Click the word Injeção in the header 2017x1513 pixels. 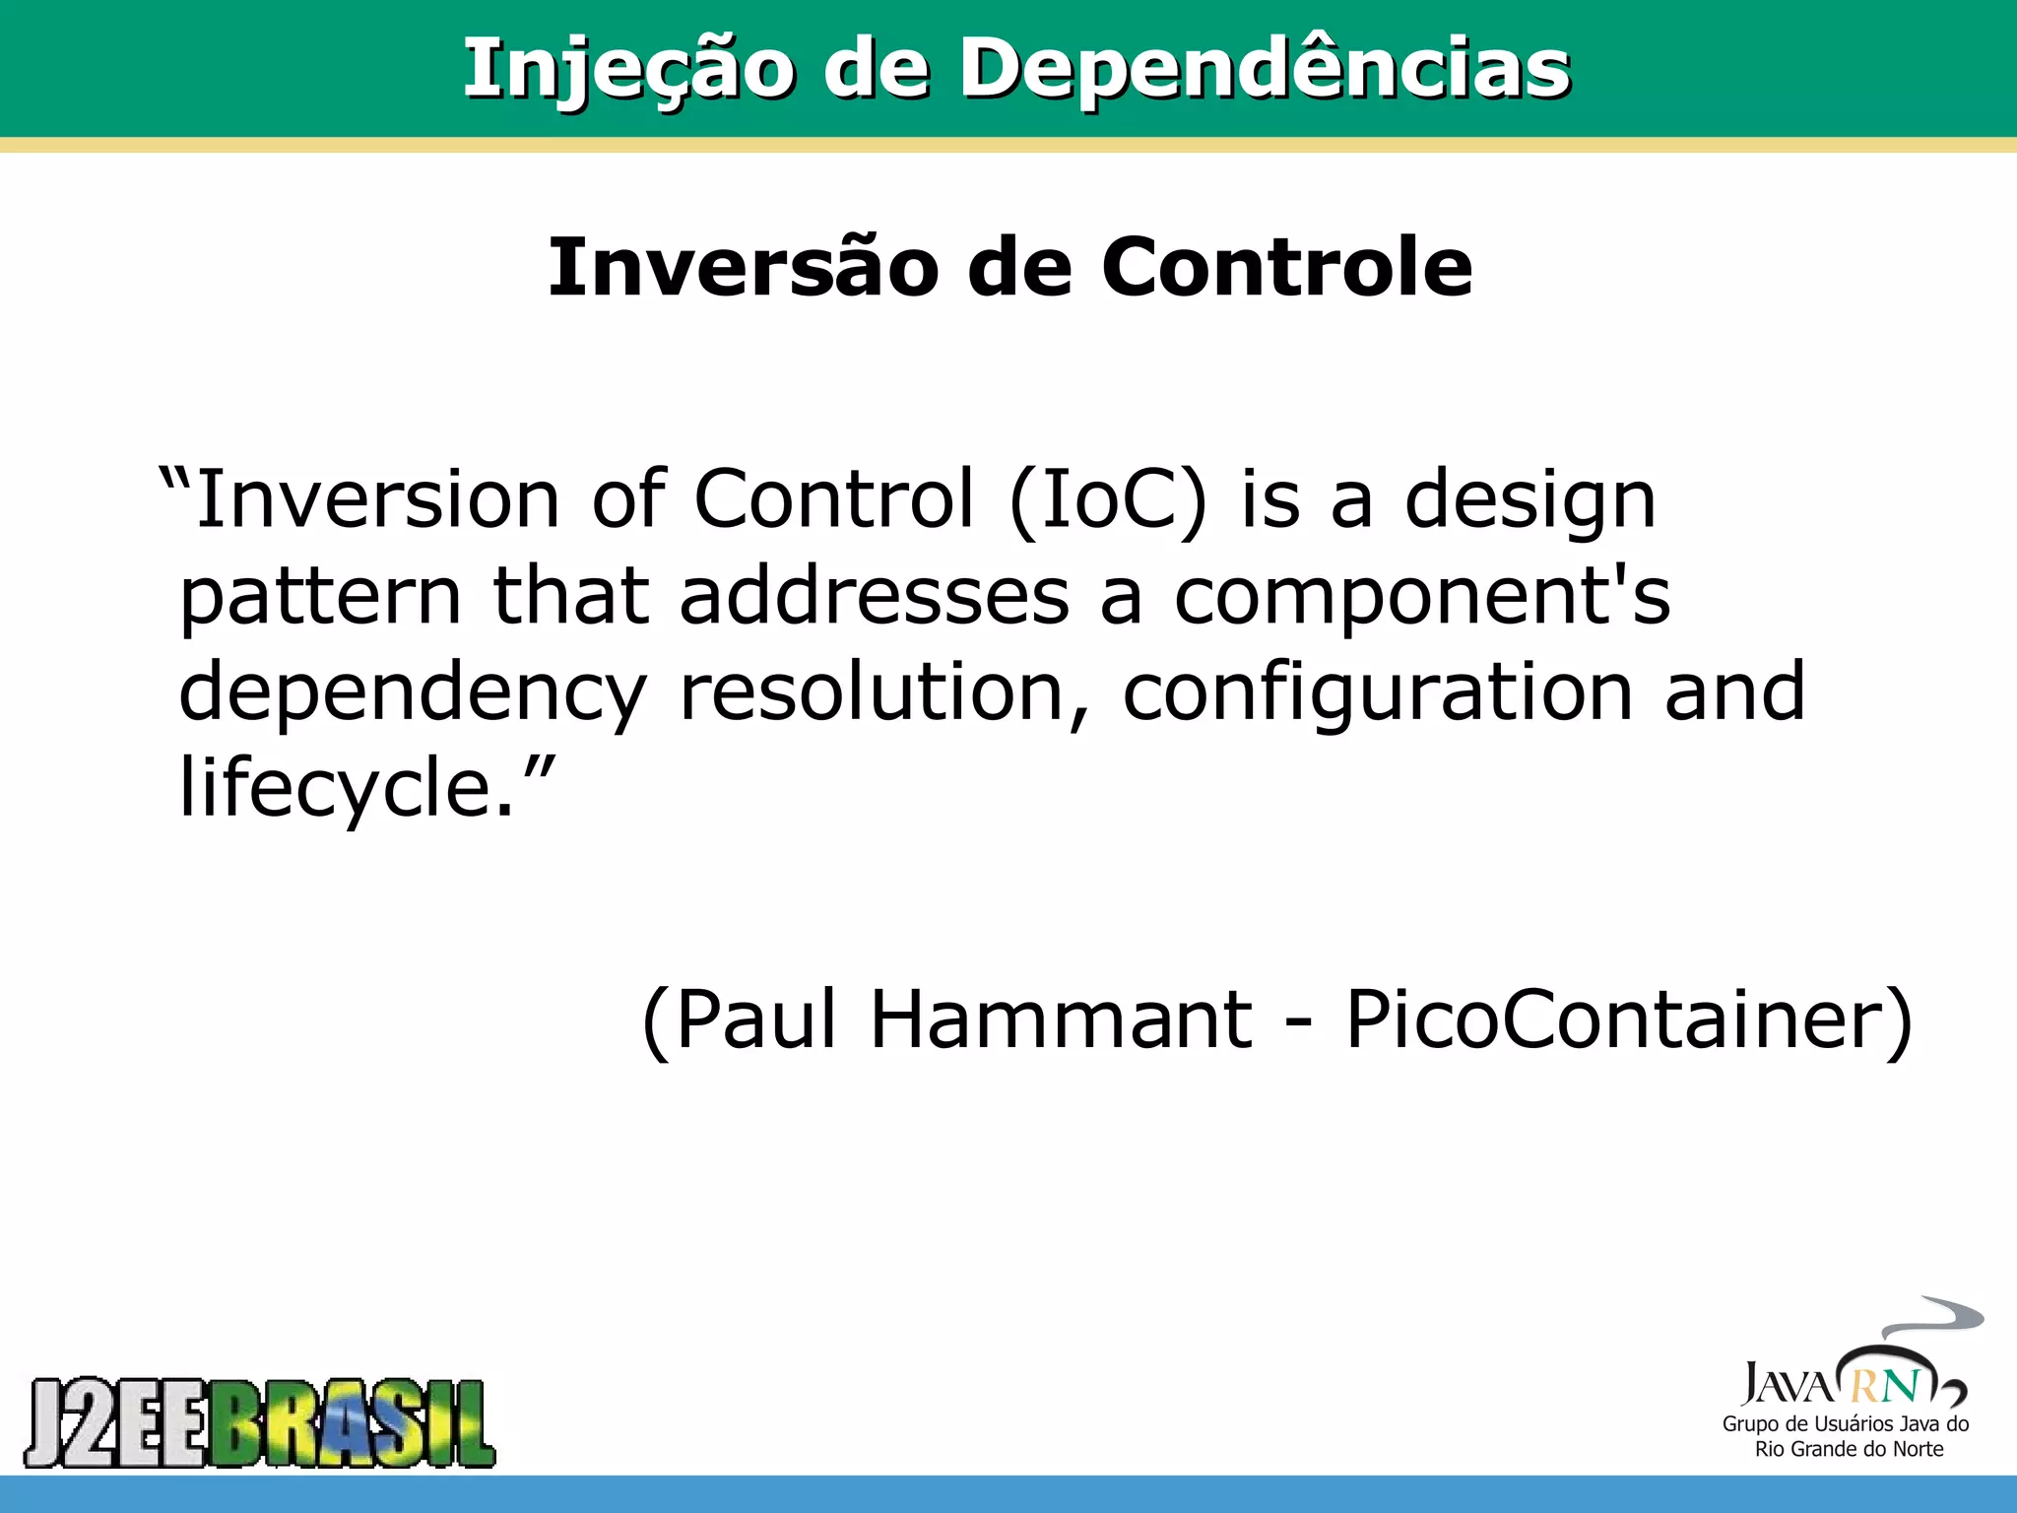pyautogui.click(x=627, y=69)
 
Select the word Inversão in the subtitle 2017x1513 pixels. pyautogui.click(x=744, y=268)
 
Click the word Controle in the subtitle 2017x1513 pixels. pyautogui.click(x=1286, y=268)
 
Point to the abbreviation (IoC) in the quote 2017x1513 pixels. pyautogui.click(x=1108, y=500)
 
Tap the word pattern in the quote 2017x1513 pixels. pyautogui.click(x=320, y=599)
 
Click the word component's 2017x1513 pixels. pyautogui.click(x=1422, y=599)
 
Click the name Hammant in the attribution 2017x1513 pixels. pyautogui.click(x=1062, y=1020)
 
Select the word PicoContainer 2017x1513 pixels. pyautogui.click(x=1615, y=1020)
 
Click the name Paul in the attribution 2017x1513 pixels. pyautogui.click(x=755, y=1020)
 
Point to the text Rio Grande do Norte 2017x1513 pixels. pyautogui.click(x=1849, y=1449)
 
